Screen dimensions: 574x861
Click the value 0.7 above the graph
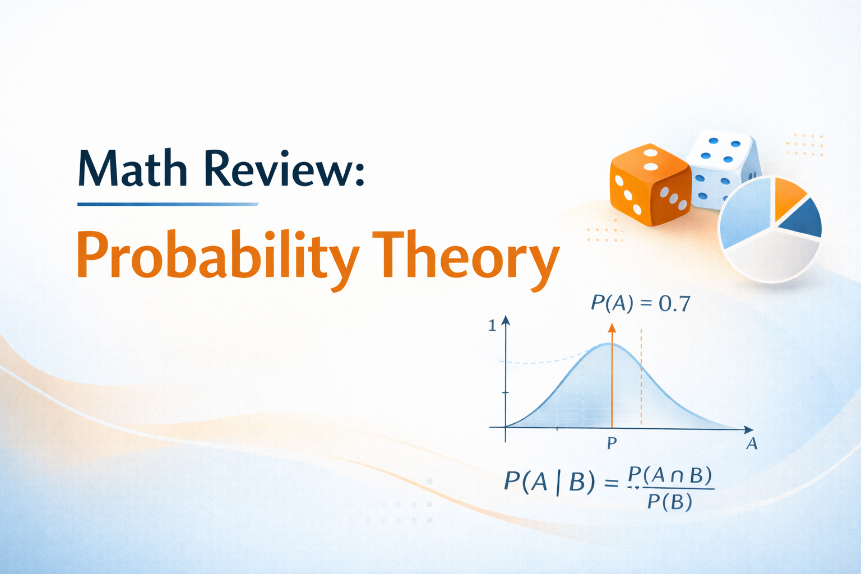pyautogui.click(x=674, y=304)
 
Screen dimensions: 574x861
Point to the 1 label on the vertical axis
pyautogui.click(x=492, y=326)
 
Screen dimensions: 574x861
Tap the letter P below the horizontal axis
pyautogui.click(x=612, y=443)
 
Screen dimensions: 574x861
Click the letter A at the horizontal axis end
pyautogui.click(x=752, y=444)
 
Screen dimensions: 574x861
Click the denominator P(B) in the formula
pyautogui.click(x=669, y=502)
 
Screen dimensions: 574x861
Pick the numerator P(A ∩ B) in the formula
pyautogui.click(x=670, y=475)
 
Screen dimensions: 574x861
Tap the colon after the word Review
pyautogui.click(x=359, y=171)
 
